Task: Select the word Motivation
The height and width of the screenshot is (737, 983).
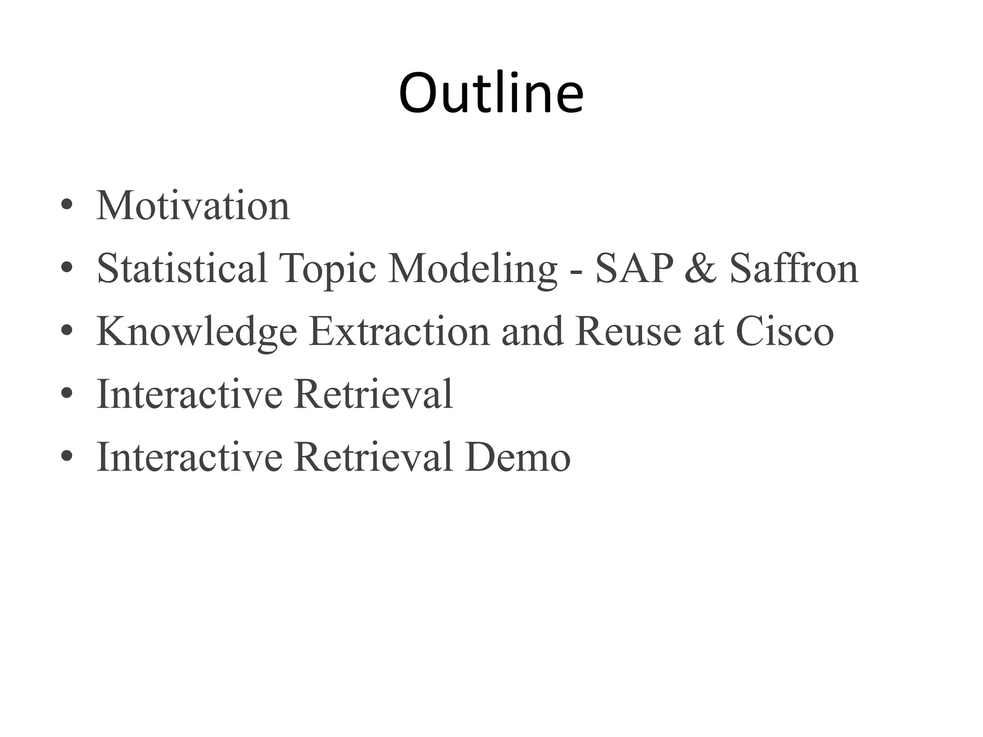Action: click(x=193, y=206)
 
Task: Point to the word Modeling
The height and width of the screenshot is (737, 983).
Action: click(x=472, y=269)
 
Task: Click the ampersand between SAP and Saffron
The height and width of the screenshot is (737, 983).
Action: click(x=700, y=269)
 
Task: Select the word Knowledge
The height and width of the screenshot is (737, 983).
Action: click(x=197, y=332)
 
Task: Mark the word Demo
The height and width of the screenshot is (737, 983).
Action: click(x=517, y=457)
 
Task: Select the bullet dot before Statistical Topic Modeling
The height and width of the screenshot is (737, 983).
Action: click(x=67, y=268)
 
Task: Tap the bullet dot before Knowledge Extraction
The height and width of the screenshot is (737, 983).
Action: click(x=67, y=331)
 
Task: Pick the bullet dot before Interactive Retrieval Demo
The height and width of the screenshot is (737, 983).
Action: click(x=67, y=457)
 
